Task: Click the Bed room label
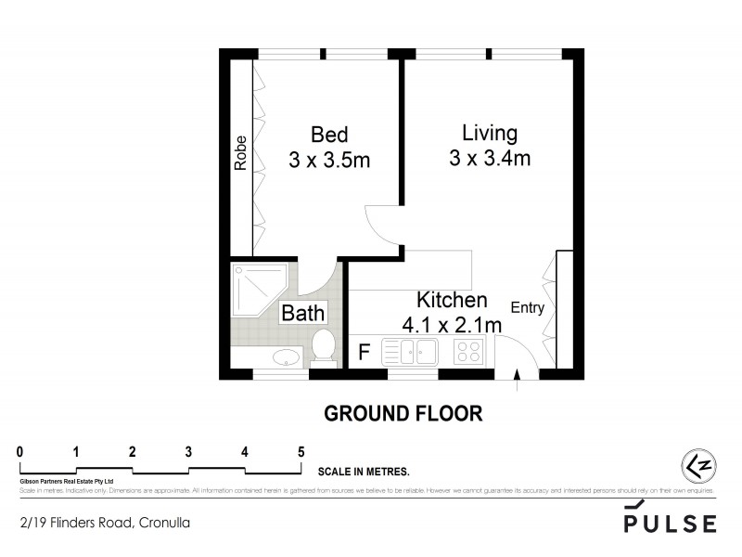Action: click(329, 134)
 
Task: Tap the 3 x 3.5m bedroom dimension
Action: click(329, 160)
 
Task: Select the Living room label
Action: click(489, 132)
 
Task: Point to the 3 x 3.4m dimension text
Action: click(489, 158)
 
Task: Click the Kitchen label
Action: click(452, 300)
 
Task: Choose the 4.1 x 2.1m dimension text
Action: click(452, 325)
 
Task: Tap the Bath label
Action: click(303, 313)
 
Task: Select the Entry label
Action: click(527, 308)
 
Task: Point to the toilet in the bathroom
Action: click(324, 347)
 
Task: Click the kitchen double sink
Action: click(409, 351)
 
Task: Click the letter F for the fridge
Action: click(364, 352)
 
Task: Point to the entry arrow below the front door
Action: click(517, 375)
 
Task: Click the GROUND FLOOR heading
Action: click(403, 413)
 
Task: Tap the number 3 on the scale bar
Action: click(188, 452)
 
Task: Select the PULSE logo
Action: click(670, 521)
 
